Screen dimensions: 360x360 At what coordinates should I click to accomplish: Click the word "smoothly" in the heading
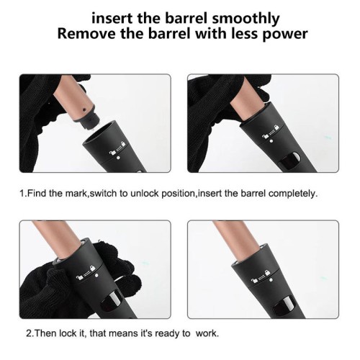[x=246, y=18]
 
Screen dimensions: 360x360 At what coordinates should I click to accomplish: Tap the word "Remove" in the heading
[x=86, y=34]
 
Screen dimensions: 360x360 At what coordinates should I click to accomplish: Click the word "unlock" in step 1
[x=145, y=193]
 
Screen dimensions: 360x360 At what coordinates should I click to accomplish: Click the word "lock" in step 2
[x=68, y=333]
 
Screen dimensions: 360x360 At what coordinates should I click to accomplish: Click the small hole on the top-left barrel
[x=84, y=109]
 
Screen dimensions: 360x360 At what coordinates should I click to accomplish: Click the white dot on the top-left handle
[x=118, y=158]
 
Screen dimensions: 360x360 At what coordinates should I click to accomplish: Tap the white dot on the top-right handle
[x=271, y=141]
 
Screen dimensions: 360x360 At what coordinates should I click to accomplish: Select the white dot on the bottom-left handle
[x=96, y=275]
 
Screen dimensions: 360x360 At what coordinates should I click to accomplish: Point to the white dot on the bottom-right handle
[x=271, y=279]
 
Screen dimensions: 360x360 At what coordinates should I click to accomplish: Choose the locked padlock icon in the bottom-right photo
[x=267, y=272]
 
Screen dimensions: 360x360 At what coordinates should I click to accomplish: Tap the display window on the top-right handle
[x=290, y=161]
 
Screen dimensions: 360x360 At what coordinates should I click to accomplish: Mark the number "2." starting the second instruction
[x=30, y=333]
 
